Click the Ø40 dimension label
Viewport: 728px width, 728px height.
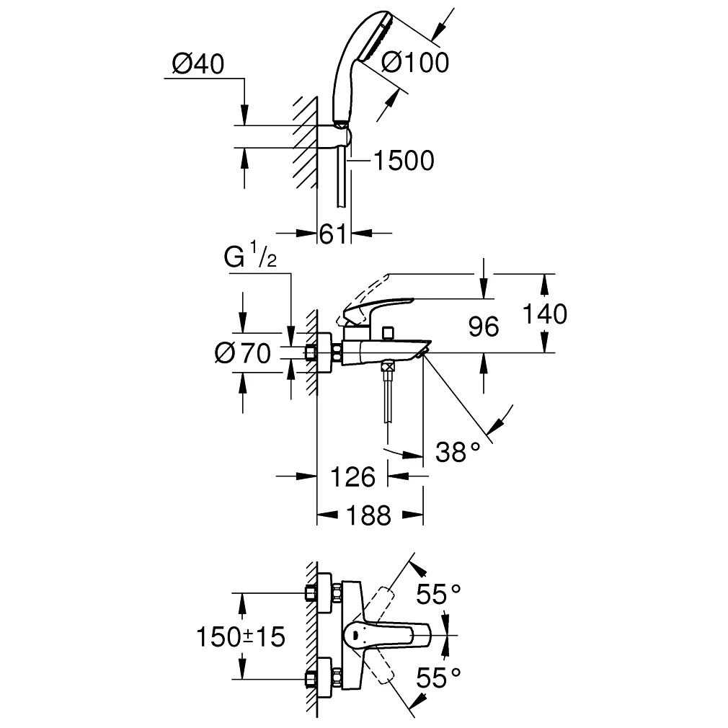click(x=198, y=64)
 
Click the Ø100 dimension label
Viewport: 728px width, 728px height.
click(x=414, y=63)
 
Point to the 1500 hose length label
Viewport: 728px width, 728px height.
click(x=403, y=161)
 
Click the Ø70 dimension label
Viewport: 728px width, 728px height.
click(x=242, y=353)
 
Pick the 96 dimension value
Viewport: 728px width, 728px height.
click(x=483, y=327)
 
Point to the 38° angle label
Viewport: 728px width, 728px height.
click(x=458, y=452)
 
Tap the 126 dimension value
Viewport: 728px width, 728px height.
click(x=353, y=476)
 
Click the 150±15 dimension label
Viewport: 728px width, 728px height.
click(x=241, y=636)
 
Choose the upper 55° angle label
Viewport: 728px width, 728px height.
click(x=438, y=595)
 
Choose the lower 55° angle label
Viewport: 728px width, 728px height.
click(x=438, y=677)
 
